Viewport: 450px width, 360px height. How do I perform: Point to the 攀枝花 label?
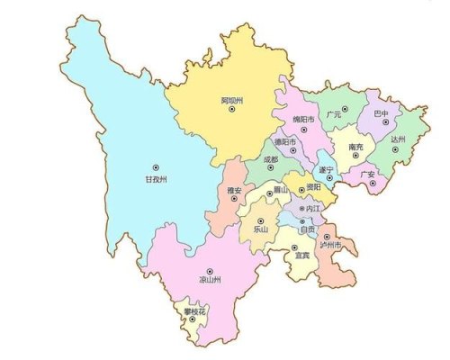coord(195,310)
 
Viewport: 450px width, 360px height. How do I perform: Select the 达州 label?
coord(399,140)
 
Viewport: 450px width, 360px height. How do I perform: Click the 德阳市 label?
coord(286,141)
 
